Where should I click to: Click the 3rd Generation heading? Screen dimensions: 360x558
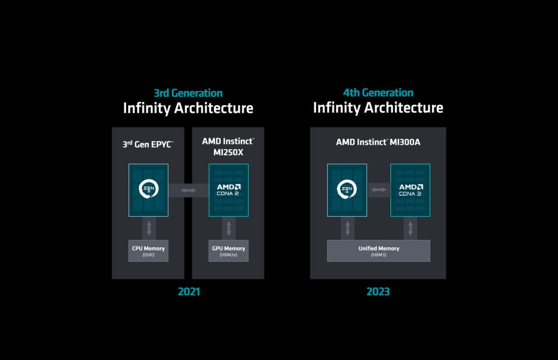(188, 93)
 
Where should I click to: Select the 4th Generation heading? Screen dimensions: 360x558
(378, 93)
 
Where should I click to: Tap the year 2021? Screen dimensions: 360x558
(188, 291)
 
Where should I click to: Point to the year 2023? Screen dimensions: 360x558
(378, 291)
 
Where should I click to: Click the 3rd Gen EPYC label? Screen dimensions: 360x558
(148, 144)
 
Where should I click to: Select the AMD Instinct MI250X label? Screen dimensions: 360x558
(228, 146)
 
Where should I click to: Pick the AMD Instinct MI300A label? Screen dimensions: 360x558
(378, 142)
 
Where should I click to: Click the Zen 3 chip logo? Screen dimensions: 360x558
(148, 189)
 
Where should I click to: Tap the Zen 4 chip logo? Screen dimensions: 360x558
(347, 189)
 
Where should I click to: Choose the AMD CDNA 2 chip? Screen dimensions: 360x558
(228, 189)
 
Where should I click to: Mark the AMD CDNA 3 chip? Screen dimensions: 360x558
(410, 189)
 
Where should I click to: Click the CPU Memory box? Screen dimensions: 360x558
(148, 250)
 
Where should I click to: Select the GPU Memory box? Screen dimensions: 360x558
(228, 250)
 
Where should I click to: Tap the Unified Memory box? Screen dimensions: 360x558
(378, 250)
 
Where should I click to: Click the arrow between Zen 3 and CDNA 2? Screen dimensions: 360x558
(188, 190)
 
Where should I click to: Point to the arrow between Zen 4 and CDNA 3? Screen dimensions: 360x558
(378, 189)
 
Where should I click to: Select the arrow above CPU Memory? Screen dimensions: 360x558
(148, 228)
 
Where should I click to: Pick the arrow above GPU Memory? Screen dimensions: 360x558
(228, 228)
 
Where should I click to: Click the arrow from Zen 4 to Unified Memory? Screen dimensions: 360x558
(347, 228)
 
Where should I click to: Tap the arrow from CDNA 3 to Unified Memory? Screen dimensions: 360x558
(410, 228)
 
